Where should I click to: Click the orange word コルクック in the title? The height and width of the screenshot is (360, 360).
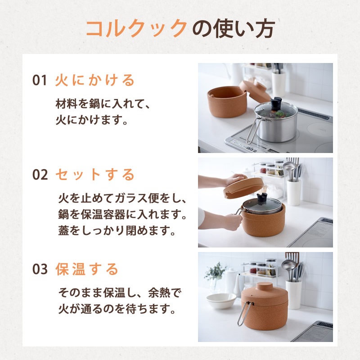137,28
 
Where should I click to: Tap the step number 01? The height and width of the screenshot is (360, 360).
40,80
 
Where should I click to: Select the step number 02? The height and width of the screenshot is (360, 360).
40,175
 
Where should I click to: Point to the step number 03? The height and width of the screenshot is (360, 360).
40,269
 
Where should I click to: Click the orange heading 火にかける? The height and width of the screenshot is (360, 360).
95,80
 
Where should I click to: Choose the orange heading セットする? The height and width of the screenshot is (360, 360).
95,175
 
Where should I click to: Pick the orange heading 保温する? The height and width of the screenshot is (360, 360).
87,269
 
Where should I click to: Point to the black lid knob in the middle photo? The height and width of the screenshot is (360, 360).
262,198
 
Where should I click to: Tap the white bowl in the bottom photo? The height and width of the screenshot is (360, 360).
221,300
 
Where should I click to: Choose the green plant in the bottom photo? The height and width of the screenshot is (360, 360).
215,272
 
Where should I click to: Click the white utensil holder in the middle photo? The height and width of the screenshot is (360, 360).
294,193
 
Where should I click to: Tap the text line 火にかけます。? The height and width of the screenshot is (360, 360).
92,120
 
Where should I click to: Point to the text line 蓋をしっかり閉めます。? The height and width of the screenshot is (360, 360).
117,230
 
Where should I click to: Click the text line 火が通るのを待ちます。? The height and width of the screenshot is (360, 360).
117,309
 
